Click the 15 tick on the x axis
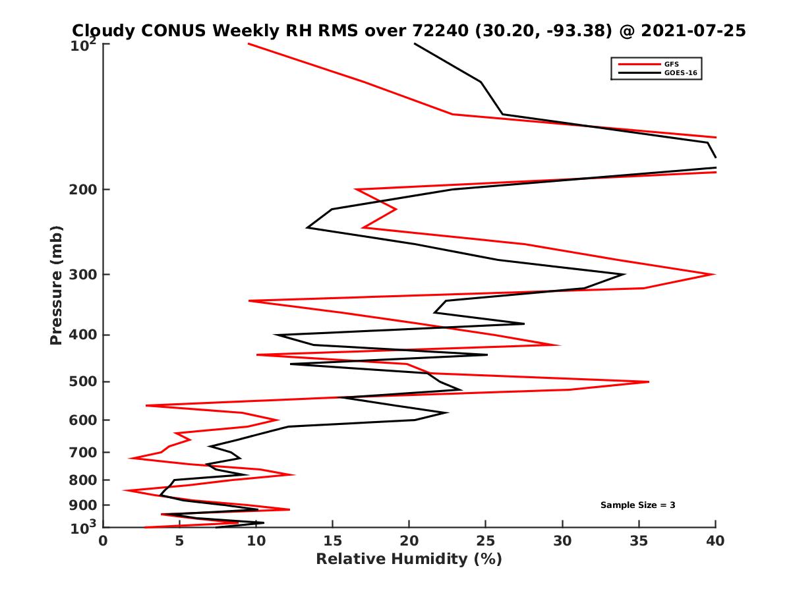[x=333, y=541]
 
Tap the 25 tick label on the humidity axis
[x=486, y=541]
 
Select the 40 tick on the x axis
[x=715, y=541]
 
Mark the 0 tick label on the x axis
[x=103, y=541]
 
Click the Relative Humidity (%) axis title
[x=409, y=559]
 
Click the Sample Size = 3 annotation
[x=637, y=505]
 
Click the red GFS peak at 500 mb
[x=649, y=381]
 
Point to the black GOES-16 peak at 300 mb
[x=624, y=274]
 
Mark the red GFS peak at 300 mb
[x=714, y=274]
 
